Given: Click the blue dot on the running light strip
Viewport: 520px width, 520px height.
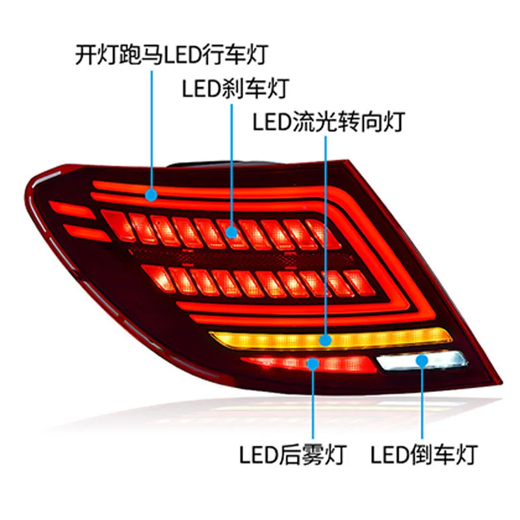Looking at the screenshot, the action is pyautogui.click(x=151, y=193).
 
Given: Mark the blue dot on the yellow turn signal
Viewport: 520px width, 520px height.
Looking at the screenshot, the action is pyautogui.click(x=325, y=340).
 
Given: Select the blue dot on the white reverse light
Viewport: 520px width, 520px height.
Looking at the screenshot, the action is pyautogui.click(x=422, y=360).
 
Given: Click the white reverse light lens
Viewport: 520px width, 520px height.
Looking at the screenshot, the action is pyautogui.click(x=442, y=360).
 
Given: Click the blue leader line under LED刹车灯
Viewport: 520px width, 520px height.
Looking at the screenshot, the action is pyautogui.click(x=231, y=162).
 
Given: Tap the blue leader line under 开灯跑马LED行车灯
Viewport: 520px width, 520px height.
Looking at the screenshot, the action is pyautogui.click(x=151, y=130).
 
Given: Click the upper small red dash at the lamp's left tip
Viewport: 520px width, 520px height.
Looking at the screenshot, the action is pyautogui.click(x=72, y=210).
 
